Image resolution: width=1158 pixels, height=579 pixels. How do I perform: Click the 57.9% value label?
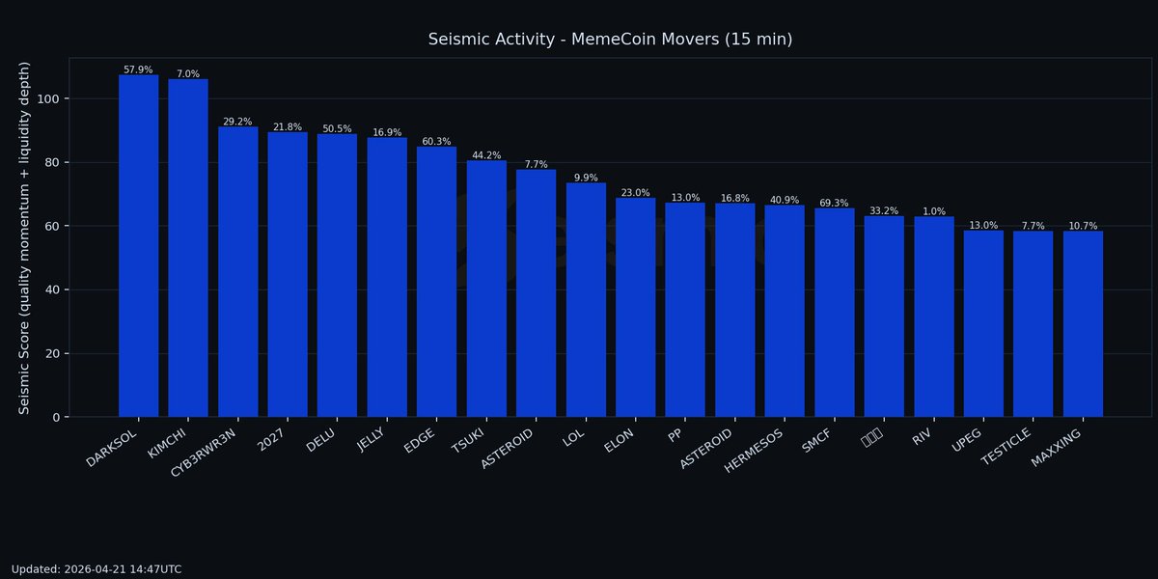(x=138, y=69)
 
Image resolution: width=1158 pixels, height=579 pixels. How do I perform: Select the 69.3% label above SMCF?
(x=834, y=203)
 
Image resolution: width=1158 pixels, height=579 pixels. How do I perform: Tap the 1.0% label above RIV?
(x=933, y=211)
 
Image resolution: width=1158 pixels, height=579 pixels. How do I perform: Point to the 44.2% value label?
(x=486, y=155)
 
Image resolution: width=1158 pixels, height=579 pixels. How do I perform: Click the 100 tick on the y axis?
(x=47, y=98)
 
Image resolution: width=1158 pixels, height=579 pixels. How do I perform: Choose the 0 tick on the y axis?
(x=55, y=417)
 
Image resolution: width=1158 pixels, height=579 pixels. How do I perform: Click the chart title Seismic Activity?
(x=610, y=40)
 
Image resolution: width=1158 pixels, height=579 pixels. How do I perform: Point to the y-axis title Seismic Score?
(x=25, y=237)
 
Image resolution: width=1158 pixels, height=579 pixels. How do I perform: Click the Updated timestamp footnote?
(x=96, y=569)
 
